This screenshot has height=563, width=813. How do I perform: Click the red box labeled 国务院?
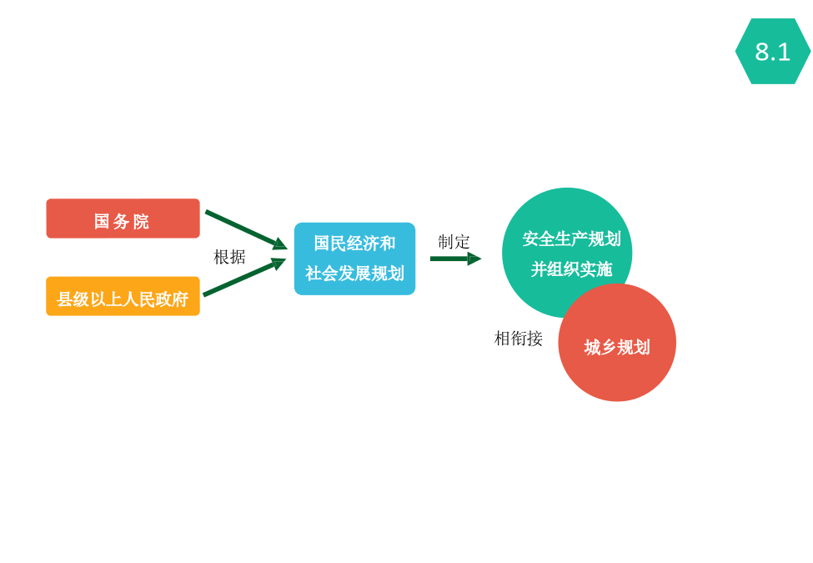click(x=123, y=219)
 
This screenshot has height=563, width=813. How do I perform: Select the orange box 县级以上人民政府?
click(x=123, y=296)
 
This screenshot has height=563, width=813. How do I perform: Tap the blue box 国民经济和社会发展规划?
click(x=354, y=259)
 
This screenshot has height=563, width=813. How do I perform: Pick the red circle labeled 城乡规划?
click(x=617, y=343)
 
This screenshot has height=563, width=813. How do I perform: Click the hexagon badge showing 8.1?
click(x=772, y=52)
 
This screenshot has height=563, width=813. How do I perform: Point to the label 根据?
click(x=229, y=257)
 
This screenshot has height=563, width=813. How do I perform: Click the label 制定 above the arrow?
click(x=454, y=242)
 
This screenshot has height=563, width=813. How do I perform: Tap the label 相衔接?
click(x=519, y=339)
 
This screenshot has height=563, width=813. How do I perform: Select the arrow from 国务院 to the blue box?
click(x=246, y=229)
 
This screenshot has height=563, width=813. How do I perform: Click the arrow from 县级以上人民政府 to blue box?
click(x=244, y=277)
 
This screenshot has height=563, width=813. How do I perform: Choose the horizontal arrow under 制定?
click(x=456, y=259)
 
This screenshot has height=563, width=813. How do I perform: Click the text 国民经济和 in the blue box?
click(x=354, y=244)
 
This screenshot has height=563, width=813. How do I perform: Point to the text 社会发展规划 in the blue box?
click(x=354, y=274)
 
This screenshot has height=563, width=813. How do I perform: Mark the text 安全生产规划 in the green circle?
click(x=571, y=239)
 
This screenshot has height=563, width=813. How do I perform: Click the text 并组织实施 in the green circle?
click(x=571, y=269)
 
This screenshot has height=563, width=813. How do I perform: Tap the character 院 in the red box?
click(x=141, y=221)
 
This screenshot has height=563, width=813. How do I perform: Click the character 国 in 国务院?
click(x=102, y=221)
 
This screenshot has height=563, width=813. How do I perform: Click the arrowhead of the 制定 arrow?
click(x=474, y=259)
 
